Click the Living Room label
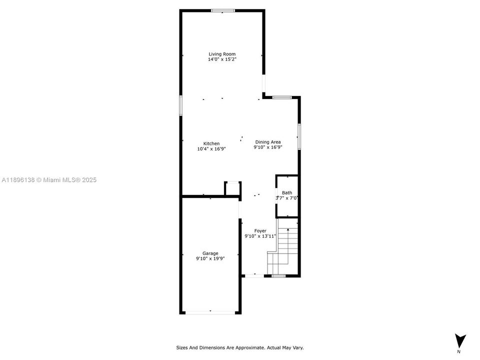click(x=222, y=54)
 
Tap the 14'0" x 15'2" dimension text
click(x=222, y=59)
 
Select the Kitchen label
click(x=211, y=143)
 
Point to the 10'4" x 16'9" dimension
click(x=211, y=148)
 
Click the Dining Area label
click(x=268, y=142)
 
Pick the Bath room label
click(x=287, y=192)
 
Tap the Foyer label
click(x=260, y=230)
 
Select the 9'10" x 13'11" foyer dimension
click(x=260, y=236)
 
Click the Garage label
click(x=210, y=253)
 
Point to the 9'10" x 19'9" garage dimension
click(x=210, y=258)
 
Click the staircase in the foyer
click(x=285, y=250)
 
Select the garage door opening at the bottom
click(x=210, y=313)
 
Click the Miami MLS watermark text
click(x=49, y=179)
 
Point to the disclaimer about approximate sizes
click(x=239, y=347)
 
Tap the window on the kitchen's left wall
click(x=181, y=105)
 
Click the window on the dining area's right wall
click(x=299, y=136)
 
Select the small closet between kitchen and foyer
click(x=232, y=188)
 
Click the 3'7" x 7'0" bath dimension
click(x=287, y=198)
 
